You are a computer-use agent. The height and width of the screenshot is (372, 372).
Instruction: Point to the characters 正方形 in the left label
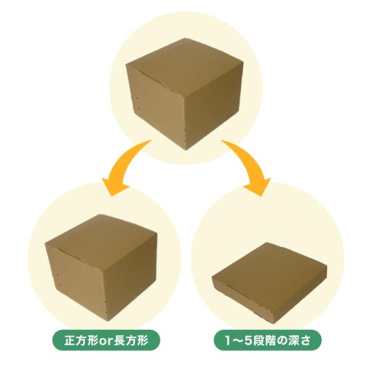click(77, 340)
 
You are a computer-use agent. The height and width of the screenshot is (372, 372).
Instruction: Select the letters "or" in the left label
click(103, 340)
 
